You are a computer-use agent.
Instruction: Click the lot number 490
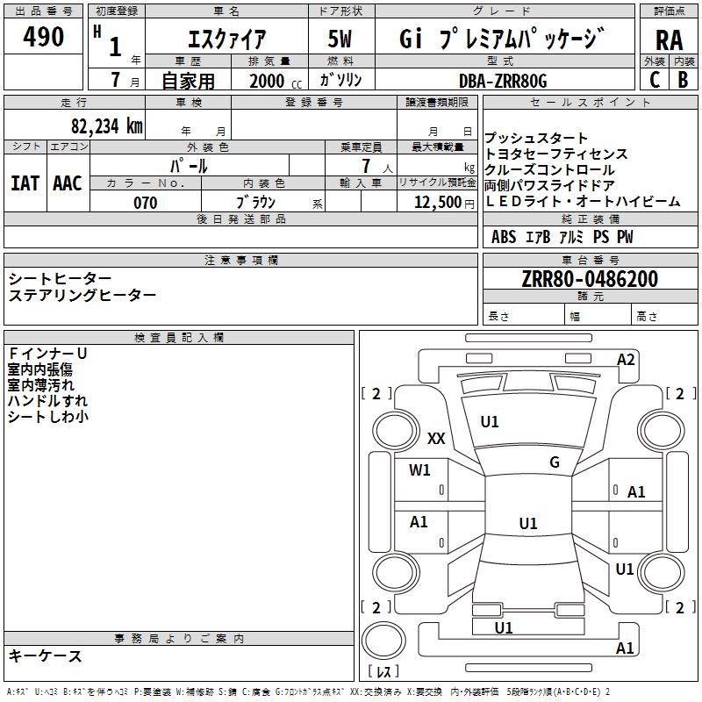(x=44, y=37)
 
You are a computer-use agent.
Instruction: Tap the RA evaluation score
(x=669, y=40)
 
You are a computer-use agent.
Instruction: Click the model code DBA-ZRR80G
(x=503, y=81)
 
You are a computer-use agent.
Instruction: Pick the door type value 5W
(x=340, y=39)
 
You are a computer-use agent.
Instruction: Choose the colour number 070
(x=145, y=203)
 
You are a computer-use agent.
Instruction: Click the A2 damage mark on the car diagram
(x=626, y=359)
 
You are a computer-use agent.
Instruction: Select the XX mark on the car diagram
(x=436, y=439)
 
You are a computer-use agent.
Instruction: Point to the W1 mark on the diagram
(x=420, y=469)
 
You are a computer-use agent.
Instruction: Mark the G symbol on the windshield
(x=555, y=462)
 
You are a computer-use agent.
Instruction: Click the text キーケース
(x=46, y=655)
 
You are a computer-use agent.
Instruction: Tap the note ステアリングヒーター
(x=82, y=295)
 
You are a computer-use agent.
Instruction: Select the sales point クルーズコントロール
(x=550, y=169)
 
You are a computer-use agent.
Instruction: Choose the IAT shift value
(x=25, y=183)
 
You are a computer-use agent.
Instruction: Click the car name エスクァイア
(x=227, y=39)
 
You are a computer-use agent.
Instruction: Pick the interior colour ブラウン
(x=256, y=203)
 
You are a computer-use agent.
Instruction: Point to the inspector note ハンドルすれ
(x=42, y=401)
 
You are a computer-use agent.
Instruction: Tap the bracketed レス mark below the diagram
(x=383, y=673)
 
